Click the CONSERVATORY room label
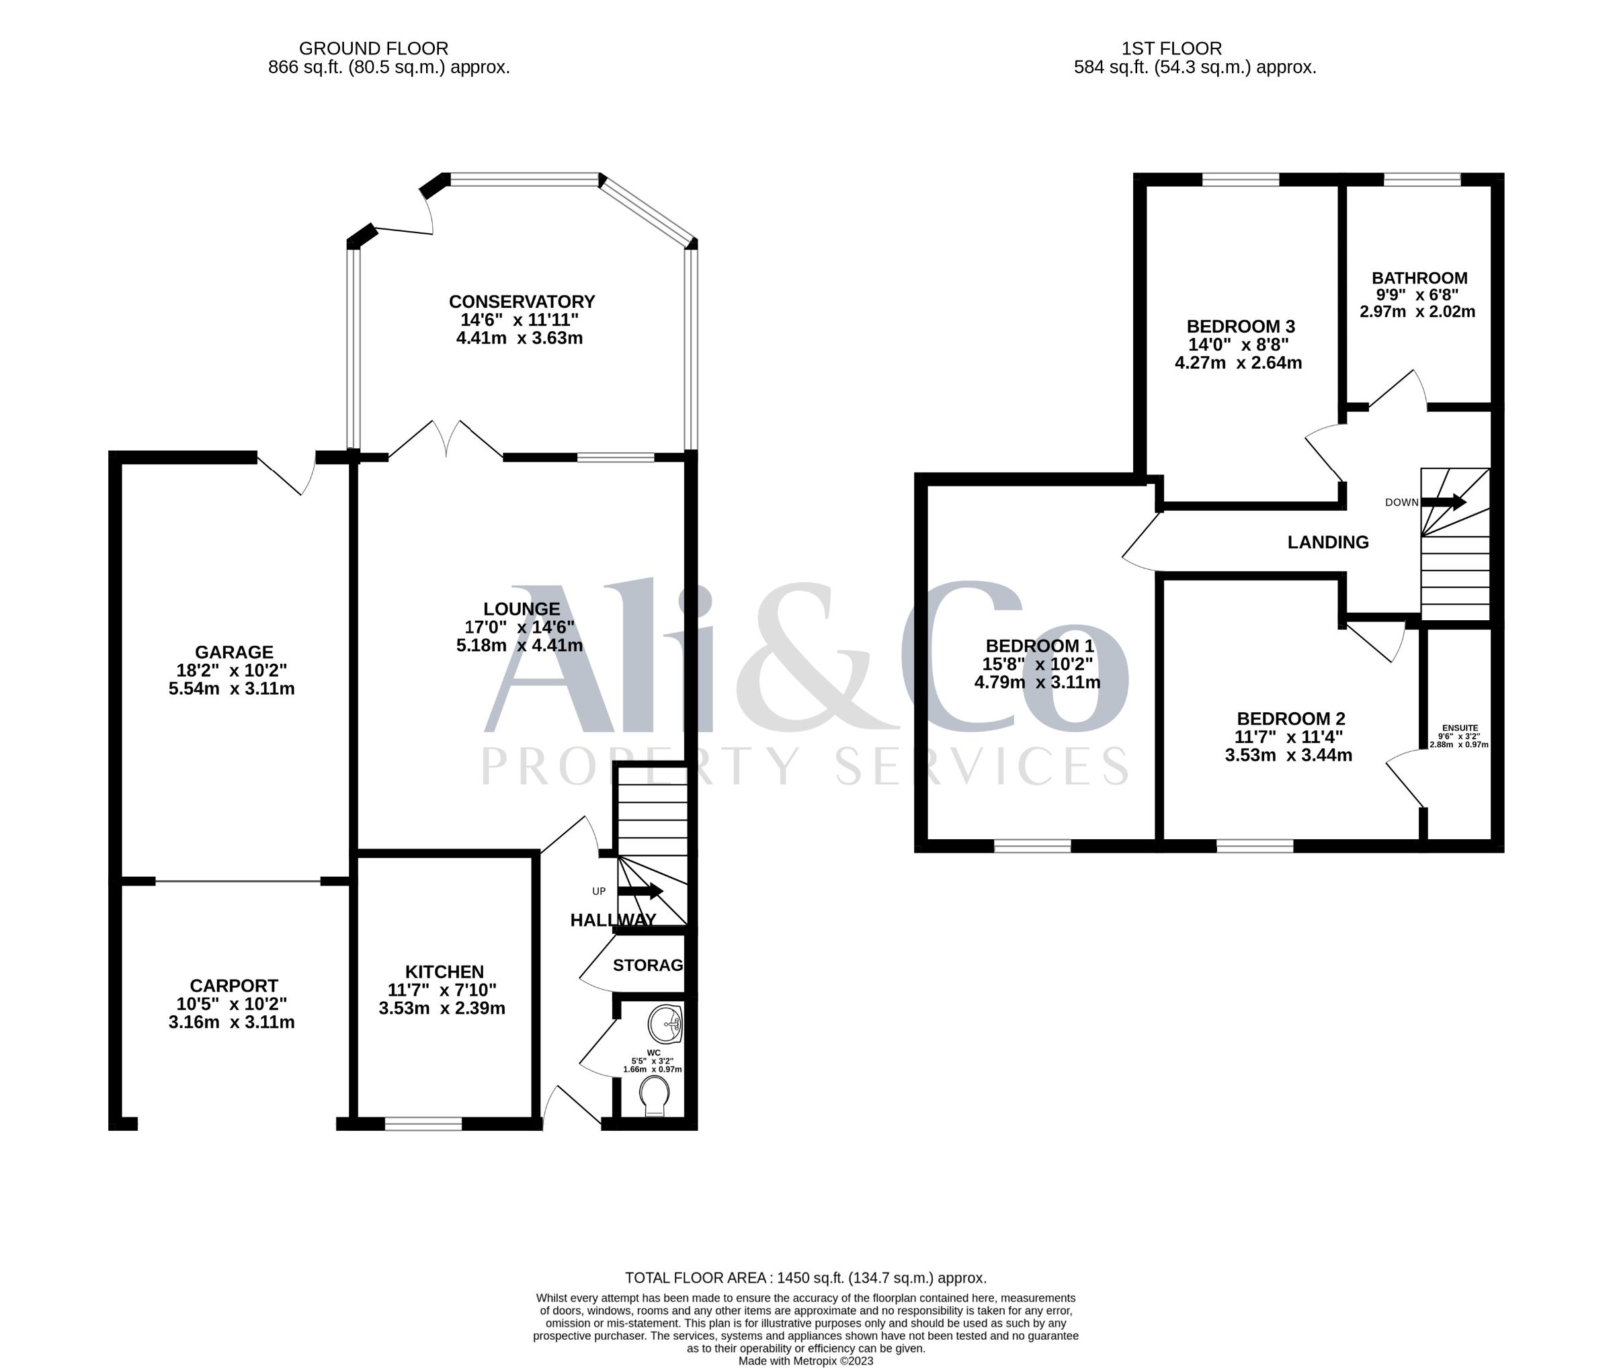pos(522,302)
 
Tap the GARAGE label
pos(233,652)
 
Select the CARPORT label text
pos(233,986)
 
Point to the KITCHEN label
pos(444,972)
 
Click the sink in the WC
pos(665,1025)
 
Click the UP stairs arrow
pos(639,891)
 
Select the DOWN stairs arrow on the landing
pos(1443,502)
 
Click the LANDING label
pos(1327,542)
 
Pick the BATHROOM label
pos(1419,277)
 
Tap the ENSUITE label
pos(1459,728)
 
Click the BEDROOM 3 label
pos(1241,327)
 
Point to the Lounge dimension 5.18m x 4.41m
pos(519,645)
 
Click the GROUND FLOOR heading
pos(373,48)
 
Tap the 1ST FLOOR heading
pos(1171,48)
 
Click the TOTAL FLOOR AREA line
pos(806,1277)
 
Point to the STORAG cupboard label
pos(648,966)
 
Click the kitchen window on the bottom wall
pos(423,1123)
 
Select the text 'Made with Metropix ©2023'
pos(806,1360)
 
